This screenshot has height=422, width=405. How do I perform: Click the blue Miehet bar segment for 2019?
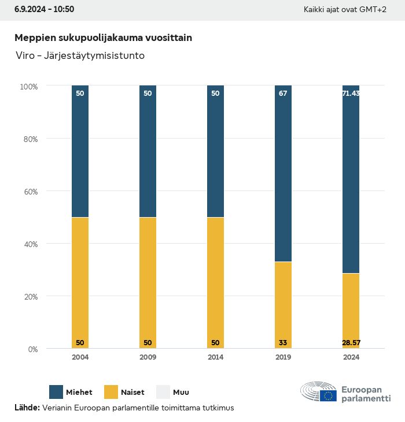283,173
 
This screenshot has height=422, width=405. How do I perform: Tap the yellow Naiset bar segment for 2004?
80,283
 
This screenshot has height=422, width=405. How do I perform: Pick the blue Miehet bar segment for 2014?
215,151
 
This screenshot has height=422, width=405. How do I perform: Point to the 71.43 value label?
351,93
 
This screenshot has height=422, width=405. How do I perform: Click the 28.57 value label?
351,343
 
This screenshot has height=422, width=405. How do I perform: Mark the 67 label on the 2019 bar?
283,93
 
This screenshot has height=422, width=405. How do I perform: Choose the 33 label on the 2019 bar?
283,343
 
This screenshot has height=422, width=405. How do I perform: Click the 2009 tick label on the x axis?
148,357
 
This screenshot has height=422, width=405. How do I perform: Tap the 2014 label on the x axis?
215,357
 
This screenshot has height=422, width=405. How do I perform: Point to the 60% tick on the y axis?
29,191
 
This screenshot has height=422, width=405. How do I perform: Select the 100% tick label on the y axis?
28,87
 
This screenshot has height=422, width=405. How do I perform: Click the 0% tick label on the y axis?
33,349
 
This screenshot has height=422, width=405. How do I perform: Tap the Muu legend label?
181,392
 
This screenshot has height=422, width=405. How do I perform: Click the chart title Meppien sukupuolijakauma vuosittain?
103,38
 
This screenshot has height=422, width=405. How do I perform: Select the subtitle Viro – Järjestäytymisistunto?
80,56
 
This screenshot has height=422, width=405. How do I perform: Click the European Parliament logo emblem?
319,393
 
